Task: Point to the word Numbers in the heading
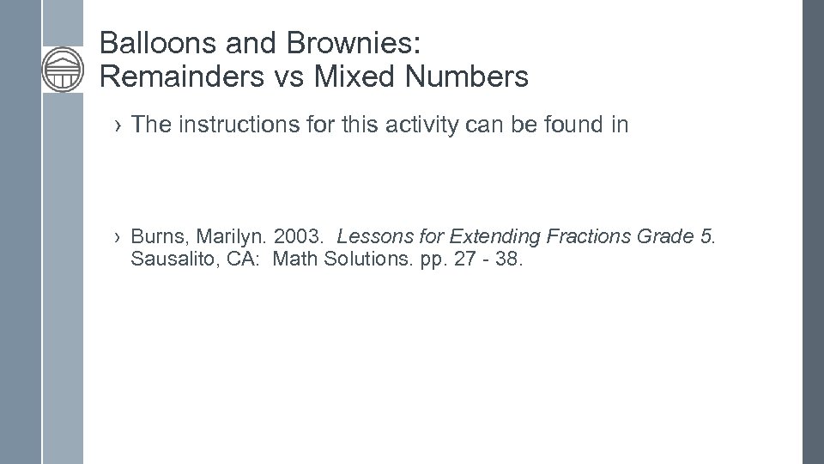pos(463,77)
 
